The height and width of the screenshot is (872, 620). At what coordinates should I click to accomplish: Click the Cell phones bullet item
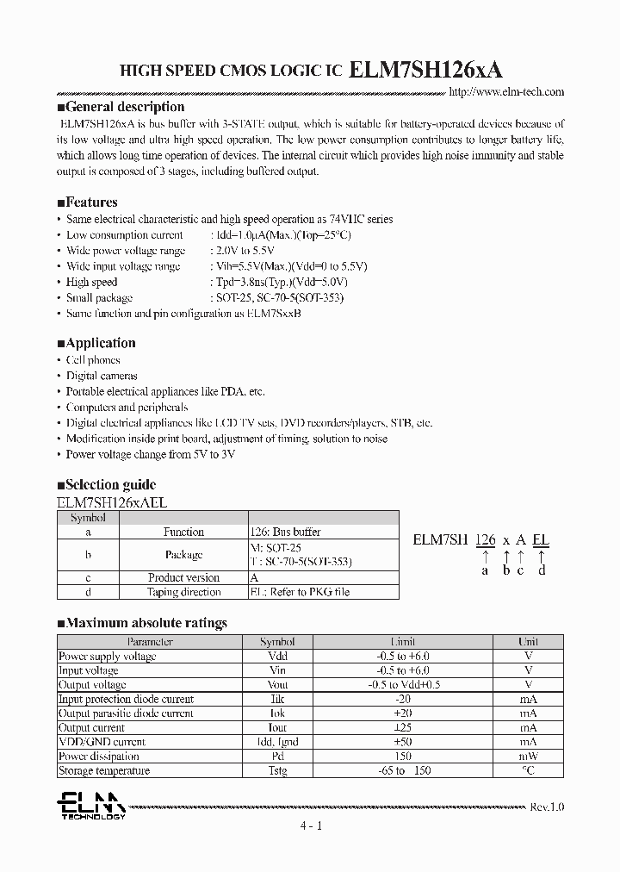[x=93, y=360]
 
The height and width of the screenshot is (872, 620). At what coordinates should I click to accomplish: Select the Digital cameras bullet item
[x=102, y=376]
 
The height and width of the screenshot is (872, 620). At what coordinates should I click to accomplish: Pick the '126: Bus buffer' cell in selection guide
[x=285, y=533]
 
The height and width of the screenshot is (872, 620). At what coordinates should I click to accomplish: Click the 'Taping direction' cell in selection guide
[x=183, y=592]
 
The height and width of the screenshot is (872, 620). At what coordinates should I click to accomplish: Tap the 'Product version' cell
[x=183, y=577]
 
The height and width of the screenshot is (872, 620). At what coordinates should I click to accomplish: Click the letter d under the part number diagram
[x=542, y=570]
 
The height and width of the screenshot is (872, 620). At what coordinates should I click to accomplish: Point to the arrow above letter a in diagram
[x=485, y=556]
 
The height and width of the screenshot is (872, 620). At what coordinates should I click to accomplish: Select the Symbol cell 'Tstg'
[x=277, y=770]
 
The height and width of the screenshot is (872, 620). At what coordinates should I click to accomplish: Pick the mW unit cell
[x=528, y=757]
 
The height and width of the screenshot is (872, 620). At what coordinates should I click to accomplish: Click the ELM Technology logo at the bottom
[x=90, y=807]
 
